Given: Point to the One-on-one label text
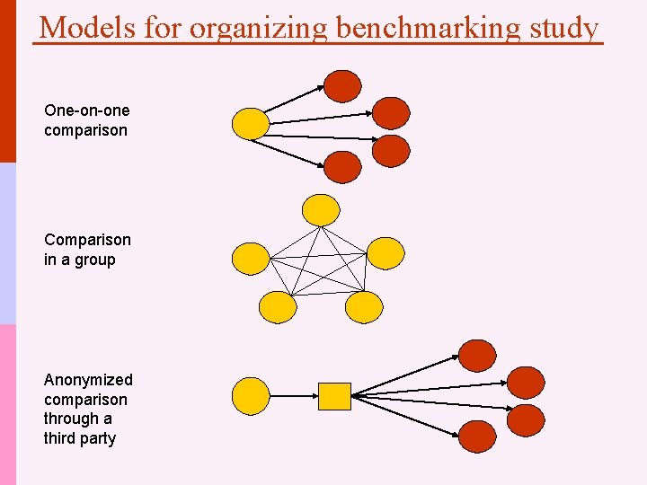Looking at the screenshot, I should (86, 110).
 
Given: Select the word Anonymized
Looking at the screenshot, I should (88, 380).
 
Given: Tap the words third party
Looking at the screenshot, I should (80, 438).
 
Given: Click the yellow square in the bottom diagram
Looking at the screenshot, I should (334, 395).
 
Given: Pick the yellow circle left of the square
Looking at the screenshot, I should (251, 395).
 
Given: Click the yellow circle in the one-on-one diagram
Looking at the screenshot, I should (251, 123).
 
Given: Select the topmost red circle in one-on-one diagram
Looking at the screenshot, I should (342, 85).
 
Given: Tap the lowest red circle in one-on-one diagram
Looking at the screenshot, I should (342, 167).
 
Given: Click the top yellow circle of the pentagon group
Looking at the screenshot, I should (321, 209).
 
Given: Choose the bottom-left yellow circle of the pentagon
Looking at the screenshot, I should (278, 307).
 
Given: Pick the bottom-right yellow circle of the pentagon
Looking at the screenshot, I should (364, 307).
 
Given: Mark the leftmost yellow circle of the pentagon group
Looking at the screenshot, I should (251, 259).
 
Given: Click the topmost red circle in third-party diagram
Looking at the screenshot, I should (477, 355).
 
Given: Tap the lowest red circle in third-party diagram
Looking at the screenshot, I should (477, 436).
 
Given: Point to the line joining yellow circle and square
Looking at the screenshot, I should (293, 395).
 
